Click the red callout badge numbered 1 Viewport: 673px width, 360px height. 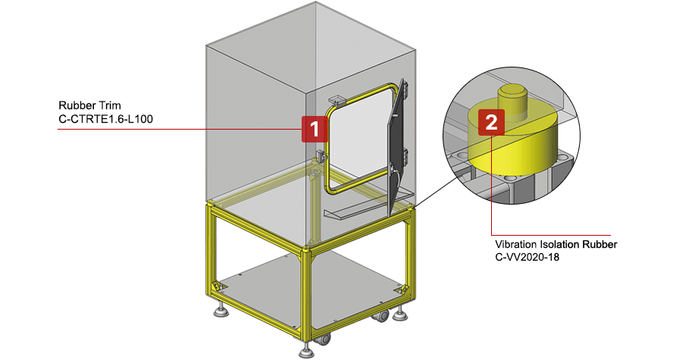click(x=314, y=129)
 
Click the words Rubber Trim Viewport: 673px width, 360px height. click(x=90, y=105)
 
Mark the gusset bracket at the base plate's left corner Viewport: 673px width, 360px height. click(x=218, y=287)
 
